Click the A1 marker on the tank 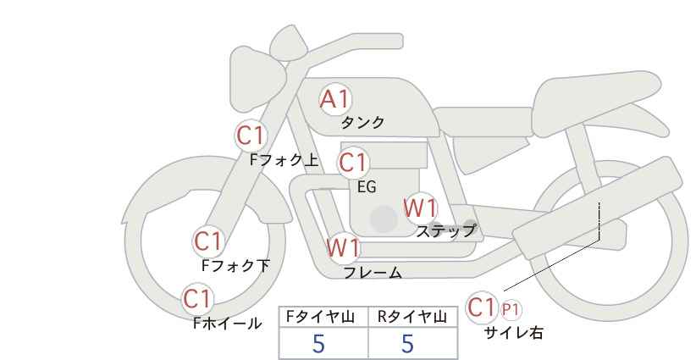[x=335, y=99]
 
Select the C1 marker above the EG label [x=353, y=163]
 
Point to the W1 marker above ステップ [x=420, y=208]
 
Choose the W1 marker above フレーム [x=343, y=247]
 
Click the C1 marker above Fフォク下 [x=208, y=242]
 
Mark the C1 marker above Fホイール [x=197, y=299]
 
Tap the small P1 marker [x=511, y=309]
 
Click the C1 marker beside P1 [x=482, y=307]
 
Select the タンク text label [x=362, y=123]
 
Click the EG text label [x=367, y=187]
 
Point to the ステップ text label [x=445, y=231]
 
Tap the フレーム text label [x=373, y=273]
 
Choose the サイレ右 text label [x=514, y=333]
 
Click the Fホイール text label [x=228, y=324]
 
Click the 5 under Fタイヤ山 [x=318, y=343]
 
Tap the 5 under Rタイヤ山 [x=407, y=343]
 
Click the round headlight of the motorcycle [x=256, y=79]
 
